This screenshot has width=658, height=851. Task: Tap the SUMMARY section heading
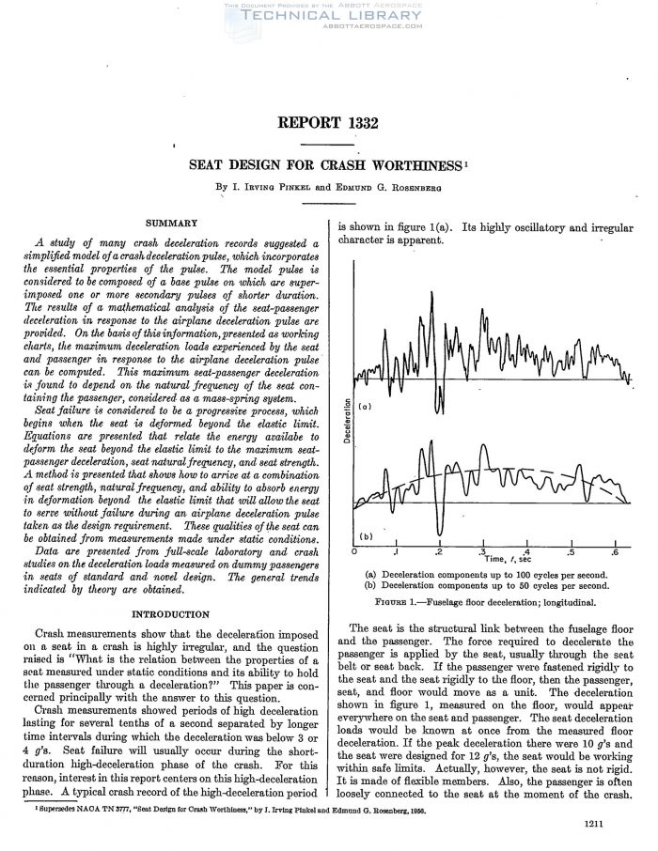[x=170, y=223]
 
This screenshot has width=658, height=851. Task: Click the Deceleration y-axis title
[x=345, y=422]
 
